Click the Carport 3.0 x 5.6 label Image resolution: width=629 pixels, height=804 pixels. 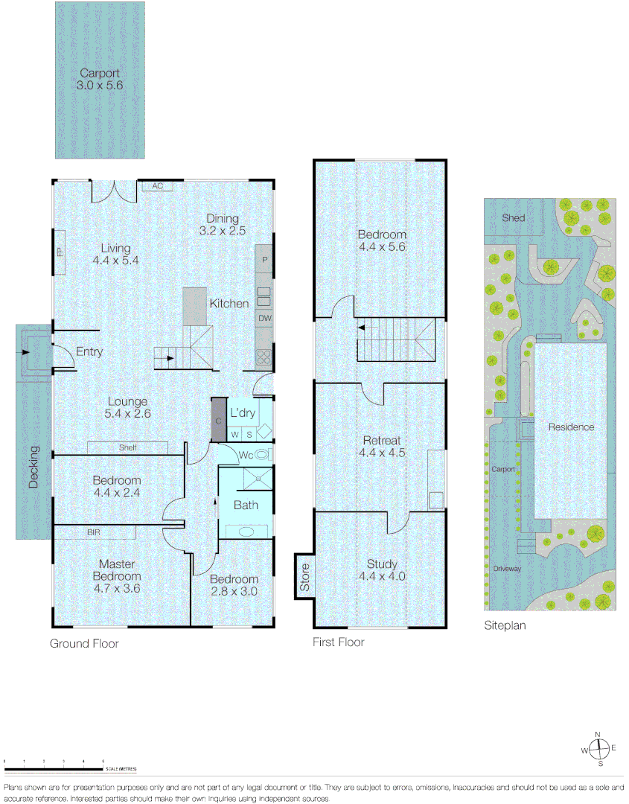[x=100, y=80]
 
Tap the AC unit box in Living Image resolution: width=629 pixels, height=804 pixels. [x=157, y=185]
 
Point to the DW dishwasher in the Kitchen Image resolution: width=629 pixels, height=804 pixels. [x=264, y=319]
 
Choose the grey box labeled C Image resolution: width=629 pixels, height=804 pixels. [x=218, y=420]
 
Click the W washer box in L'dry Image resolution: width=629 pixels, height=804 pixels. [x=234, y=433]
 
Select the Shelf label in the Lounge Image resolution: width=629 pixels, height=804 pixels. [x=127, y=447]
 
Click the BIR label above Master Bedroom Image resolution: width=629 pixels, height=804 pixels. [x=95, y=532]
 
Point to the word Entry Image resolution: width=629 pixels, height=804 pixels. [x=89, y=352]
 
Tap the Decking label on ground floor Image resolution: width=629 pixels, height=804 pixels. [x=33, y=467]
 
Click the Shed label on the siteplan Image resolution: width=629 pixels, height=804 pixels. [x=513, y=218]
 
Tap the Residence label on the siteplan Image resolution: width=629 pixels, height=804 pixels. [x=571, y=427]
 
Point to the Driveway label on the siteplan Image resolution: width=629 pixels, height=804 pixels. [x=506, y=568]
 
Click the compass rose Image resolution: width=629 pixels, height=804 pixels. [x=598, y=748]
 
